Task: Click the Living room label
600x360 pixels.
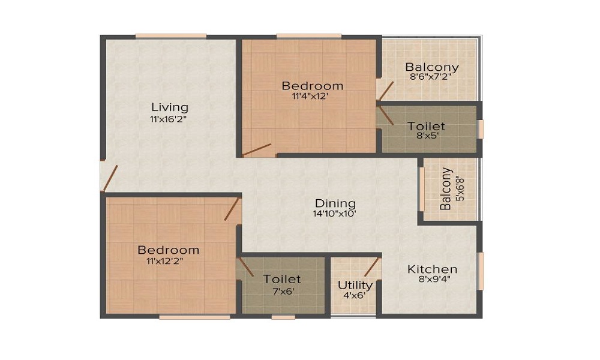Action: click(170, 107)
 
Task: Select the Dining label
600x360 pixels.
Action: click(335, 203)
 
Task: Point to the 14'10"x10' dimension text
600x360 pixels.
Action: click(335, 214)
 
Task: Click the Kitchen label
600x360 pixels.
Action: click(432, 269)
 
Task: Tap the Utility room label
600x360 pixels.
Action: click(355, 285)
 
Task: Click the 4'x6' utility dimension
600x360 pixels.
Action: click(355, 295)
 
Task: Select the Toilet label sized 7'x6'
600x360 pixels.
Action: click(282, 279)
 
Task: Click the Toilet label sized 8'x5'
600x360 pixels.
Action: click(426, 126)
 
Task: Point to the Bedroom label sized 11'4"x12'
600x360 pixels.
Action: click(313, 86)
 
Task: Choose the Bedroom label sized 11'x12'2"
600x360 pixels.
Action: click(168, 250)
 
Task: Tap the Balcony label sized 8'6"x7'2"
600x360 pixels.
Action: click(432, 67)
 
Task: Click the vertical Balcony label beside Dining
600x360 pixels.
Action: click(445, 189)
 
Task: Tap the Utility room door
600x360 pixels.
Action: click(372, 267)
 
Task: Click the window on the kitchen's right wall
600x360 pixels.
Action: click(481, 271)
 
